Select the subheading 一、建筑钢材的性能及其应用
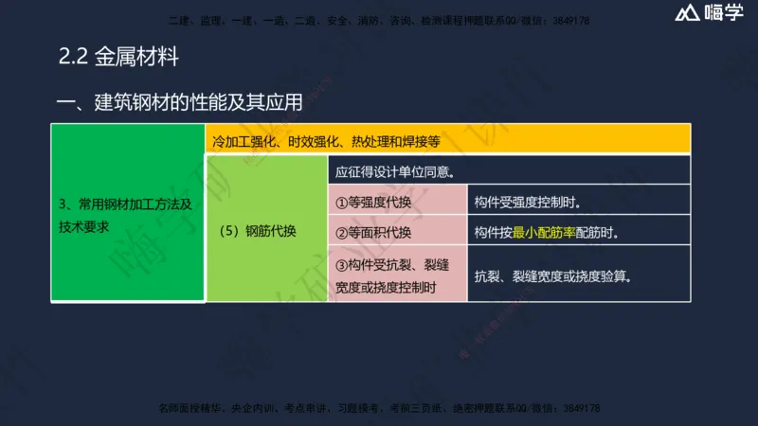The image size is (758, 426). point(179,103)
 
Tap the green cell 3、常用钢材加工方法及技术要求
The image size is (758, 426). point(127,215)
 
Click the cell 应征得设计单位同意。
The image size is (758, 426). point(509,171)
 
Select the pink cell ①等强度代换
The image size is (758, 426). point(398,203)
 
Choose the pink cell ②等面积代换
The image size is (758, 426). point(398,231)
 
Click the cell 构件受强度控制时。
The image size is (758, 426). point(578,203)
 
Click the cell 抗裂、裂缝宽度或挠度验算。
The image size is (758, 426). point(578,275)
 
